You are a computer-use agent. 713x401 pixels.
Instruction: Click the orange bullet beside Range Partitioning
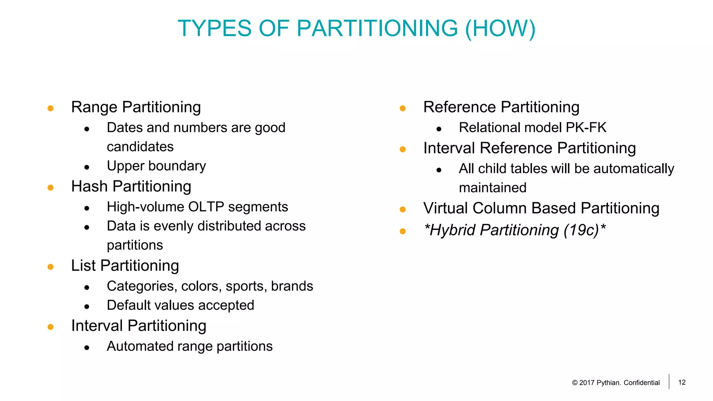pyautogui.click(x=50, y=108)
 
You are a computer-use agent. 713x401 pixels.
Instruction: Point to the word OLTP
pyautogui.click(x=206, y=207)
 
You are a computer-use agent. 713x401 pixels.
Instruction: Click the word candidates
pyautogui.click(x=140, y=147)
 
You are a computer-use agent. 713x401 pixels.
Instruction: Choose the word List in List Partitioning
pyautogui.click(x=83, y=266)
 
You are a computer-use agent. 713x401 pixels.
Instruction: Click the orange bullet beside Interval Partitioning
pyautogui.click(x=50, y=327)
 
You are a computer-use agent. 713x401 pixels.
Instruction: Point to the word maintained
pyautogui.click(x=492, y=188)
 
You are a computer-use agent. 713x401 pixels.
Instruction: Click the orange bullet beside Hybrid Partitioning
pyautogui.click(x=403, y=231)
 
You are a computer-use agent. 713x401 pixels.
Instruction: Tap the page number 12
pyautogui.click(x=682, y=382)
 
